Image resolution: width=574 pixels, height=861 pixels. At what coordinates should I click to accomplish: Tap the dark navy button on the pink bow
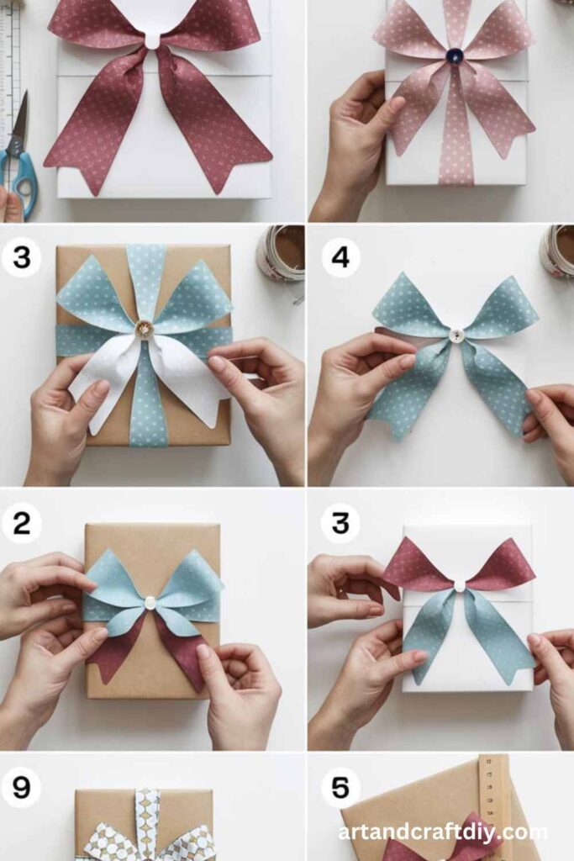pyautogui.click(x=454, y=55)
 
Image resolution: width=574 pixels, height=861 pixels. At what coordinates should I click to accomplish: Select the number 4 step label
pyautogui.click(x=340, y=256)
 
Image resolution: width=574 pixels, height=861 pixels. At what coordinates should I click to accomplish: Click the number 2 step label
pyautogui.click(x=21, y=523)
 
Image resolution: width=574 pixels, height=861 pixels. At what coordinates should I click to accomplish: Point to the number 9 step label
pyautogui.click(x=21, y=788)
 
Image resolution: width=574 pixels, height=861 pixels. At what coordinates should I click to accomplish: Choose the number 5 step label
pyautogui.click(x=340, y=788)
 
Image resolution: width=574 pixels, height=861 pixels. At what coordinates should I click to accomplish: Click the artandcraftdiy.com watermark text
pyautogui.click(x=443, y=832)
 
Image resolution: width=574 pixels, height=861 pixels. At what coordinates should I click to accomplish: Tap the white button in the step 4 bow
pyautogui.click(x=456, y=335)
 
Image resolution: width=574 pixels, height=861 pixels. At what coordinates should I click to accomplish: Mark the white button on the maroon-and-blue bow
pyautogui.click(x=460, y=585)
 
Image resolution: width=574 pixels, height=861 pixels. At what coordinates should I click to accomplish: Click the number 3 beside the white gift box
pyautogui.click(x=340, y=523)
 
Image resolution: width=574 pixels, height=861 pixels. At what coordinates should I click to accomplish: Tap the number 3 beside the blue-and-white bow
pyautogui.click(x=21, y=256)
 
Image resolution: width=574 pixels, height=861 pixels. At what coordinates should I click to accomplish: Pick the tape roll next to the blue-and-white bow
pyautogui.click(x=280, y=252)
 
